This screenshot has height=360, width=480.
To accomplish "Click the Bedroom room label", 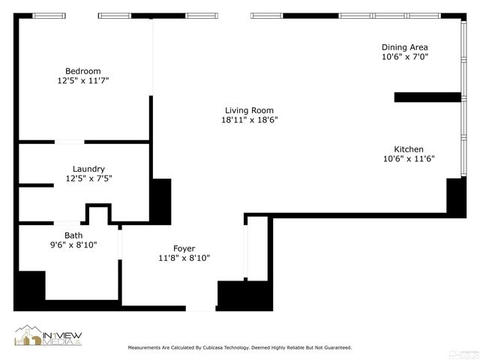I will coord(82,71).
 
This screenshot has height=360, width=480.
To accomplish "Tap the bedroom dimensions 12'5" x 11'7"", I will coord(82,80).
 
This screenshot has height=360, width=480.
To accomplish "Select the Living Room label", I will coord(241,110).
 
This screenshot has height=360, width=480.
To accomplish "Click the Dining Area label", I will coord(405,47).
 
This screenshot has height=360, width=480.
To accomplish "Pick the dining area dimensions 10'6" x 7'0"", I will coord(405,56).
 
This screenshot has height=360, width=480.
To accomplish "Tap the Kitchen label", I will coord(409,149).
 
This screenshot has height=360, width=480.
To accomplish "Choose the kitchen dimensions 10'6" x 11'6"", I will coord(409,158).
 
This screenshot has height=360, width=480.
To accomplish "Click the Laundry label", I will coord(88,169).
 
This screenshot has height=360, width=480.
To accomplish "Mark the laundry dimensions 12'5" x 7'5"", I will coord(88,178).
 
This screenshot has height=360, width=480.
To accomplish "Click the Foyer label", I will coord(184,248).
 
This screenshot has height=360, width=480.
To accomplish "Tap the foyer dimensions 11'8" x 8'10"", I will coord(184,258).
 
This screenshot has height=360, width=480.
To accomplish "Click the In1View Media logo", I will coord(46,336).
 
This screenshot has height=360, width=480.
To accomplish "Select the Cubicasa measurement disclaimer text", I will coord(240,348).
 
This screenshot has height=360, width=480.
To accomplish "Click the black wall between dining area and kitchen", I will coord(427,97).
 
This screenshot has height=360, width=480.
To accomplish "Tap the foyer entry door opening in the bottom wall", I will coord(201,308).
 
